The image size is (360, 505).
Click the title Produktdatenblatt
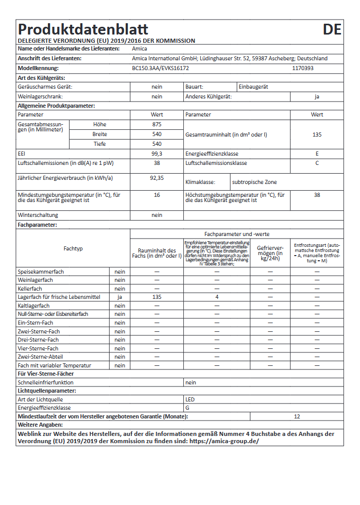[83, 29]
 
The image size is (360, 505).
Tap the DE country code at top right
[332, 29]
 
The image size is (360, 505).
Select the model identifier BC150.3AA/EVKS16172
[160, 68]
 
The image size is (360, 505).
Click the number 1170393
[302, 68]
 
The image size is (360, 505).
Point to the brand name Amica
[140, 49]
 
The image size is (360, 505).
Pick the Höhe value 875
[157, 125]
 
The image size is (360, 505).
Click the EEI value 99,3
[157, 154]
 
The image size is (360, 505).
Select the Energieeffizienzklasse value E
[317, 154]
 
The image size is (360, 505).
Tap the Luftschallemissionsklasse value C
[317, 163]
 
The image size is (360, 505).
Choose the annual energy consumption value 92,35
[157, 178]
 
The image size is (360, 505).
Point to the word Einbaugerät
[253, 87]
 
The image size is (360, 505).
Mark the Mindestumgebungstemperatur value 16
[157, 195]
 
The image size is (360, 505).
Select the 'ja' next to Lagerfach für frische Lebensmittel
[120, 297]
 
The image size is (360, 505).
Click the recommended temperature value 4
[217, 297]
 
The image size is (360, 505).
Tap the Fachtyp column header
[73, 248]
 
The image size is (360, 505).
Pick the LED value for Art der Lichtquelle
[190, 399]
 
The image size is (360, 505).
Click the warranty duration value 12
[297, 416]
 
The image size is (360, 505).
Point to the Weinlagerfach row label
[36, 280]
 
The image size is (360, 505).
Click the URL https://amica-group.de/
[224, 442]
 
